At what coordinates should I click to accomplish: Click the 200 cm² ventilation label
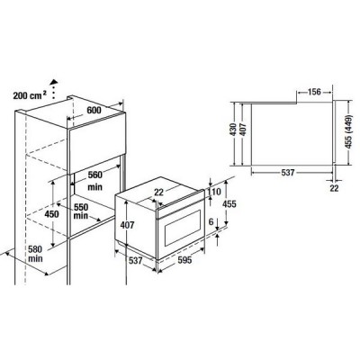(x=27, y=94)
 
